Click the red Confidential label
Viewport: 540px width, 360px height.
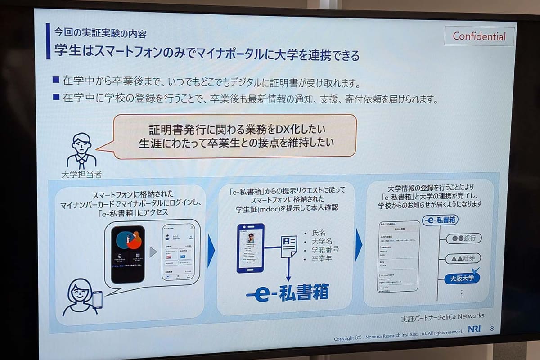479,36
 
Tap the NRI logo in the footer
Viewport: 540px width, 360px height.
474,329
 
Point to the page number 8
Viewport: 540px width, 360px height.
491,328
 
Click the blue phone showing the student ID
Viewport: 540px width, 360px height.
250,248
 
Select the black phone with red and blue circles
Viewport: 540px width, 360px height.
128,253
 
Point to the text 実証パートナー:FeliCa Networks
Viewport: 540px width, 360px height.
442,316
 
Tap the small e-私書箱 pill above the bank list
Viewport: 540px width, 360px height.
440,220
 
